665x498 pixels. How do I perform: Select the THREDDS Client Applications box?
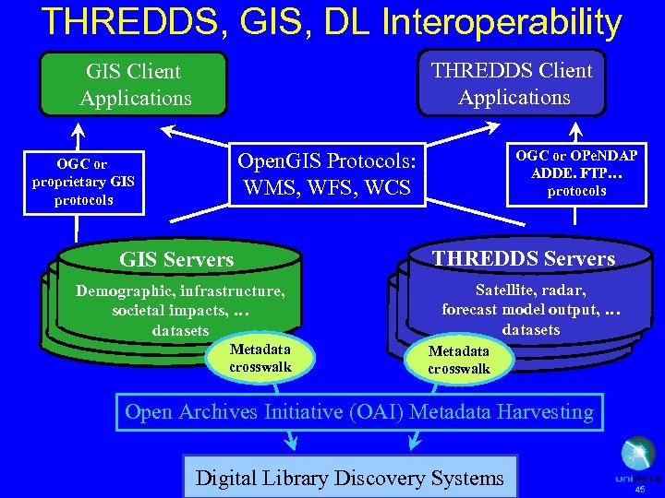point(514,84)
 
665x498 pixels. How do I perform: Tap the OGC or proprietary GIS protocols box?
point(83,183)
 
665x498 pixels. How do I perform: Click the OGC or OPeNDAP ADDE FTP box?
point(576,172)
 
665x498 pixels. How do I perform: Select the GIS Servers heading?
point(176,260)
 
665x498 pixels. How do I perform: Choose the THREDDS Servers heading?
point(525,258)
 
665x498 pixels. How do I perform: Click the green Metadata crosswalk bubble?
point(260,358)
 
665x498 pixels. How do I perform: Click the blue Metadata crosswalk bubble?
point(459,360)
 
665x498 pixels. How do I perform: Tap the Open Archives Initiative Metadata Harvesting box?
point(359,411)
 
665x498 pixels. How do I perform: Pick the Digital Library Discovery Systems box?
point(350,478)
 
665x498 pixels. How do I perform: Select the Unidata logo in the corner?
point(638,460)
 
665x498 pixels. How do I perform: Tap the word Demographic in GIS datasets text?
point(124,291)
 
